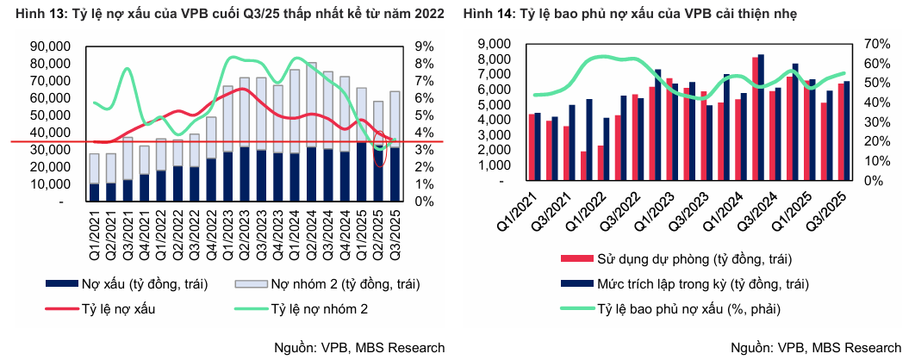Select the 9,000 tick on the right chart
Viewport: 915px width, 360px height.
point(502,44)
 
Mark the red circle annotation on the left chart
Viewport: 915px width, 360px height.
point(381,148)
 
